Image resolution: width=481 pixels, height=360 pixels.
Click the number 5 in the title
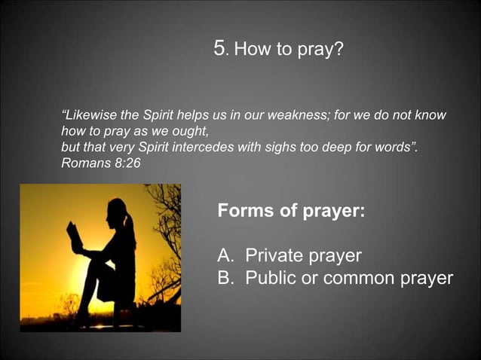click(220, 49)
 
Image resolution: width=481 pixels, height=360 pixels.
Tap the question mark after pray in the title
click(339, 50)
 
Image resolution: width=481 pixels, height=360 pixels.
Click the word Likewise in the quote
click(91, 116)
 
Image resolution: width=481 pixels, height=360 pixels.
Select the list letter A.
click(224, 255)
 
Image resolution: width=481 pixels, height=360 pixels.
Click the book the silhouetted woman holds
click(75, 237)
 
